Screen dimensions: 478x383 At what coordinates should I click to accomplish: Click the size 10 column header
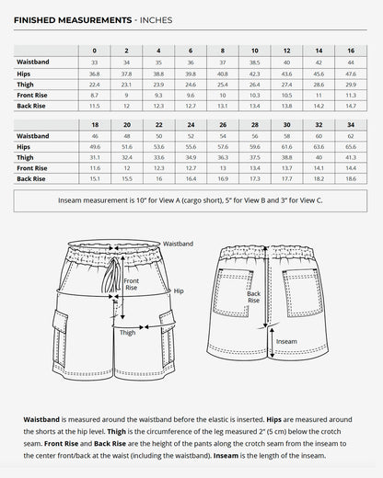coord(254,51)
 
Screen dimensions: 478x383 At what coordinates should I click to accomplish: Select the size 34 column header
coord(350,124)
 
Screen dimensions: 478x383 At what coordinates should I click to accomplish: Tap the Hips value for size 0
coord(94,73)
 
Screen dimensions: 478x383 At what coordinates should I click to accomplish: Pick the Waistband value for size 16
coord(350,62)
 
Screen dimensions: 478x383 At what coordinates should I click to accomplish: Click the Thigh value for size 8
coord(222,84)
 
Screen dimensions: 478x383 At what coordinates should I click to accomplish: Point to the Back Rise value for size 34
coord(350,179)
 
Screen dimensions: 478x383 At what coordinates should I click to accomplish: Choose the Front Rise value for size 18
coord(94,168)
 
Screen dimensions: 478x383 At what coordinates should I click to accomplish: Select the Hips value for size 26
coord(222,146)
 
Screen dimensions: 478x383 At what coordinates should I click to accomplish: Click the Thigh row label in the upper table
coord(25,84)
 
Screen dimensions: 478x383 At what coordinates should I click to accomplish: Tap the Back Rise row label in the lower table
coord(31,179)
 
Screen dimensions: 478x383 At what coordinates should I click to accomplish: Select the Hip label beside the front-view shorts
coord(179,290)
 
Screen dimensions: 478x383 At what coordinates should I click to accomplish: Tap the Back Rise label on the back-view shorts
coord(253,297)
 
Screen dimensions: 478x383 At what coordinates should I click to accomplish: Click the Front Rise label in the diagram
coord(131,284)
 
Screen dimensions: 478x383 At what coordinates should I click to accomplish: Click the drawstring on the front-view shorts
coord(113,276)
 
